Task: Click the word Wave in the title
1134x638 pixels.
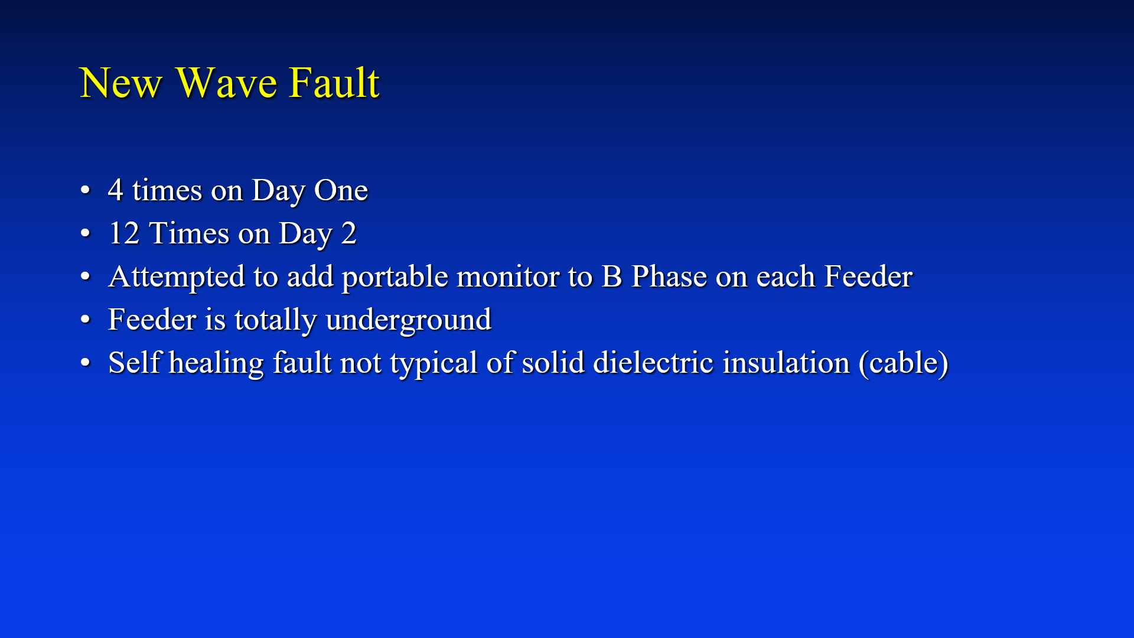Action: [226, 83]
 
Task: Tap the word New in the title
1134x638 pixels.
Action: [120, 83]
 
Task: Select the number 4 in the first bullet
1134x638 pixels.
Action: [115, 190]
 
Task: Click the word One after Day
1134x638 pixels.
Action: [341, 190]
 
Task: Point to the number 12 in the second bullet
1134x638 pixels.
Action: [124, 233]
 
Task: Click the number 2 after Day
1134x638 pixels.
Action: [349, 233]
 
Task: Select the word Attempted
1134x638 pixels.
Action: [177, 276]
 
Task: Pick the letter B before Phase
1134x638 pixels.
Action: [611, 276]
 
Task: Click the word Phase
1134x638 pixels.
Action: [669, 276]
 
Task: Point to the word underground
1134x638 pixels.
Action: [408, 320]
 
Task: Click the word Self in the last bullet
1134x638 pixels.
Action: [135, 363]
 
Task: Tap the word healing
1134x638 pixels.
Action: [216, 363]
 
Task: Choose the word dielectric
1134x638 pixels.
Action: [653, 363]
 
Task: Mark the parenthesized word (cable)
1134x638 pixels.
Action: [904, 363]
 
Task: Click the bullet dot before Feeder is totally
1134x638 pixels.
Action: [86, 320]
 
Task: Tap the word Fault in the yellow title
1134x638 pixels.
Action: [334, 83]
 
